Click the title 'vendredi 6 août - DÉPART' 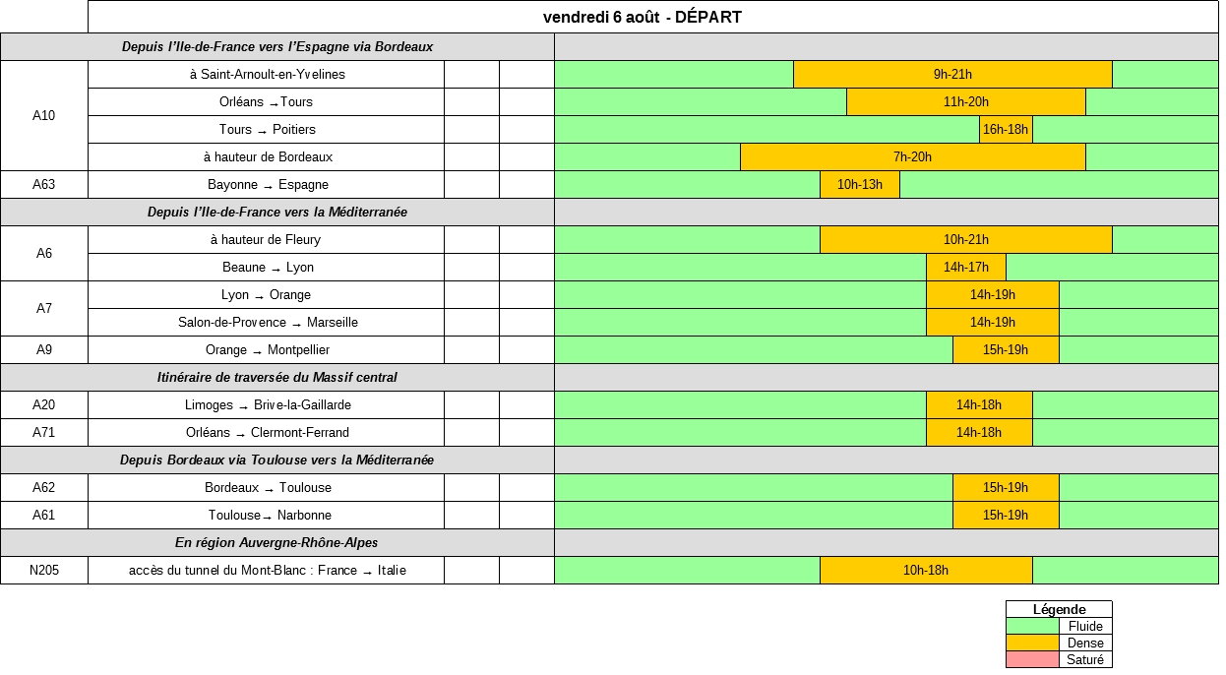click(642, 17)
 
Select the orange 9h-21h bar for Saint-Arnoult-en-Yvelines click(952, 75)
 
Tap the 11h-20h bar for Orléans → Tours click(965, 102)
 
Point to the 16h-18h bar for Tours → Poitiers click(1006, 130)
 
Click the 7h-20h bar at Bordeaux click(912, 157)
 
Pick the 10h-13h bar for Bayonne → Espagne click(859, 185)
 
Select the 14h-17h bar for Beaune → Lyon click(965, 268)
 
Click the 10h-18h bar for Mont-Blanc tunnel click(925, 571)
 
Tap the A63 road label click(44, 185)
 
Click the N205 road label click(44, 571)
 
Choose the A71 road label click(44, 433)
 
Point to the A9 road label click(44, 350)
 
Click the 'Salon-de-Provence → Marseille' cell click(268, 323)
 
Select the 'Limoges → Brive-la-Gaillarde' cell click(268, 405)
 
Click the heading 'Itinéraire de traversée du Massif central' click(277, 378)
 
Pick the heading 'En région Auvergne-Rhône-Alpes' click(276, 543)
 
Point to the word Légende click(1059, 610)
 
